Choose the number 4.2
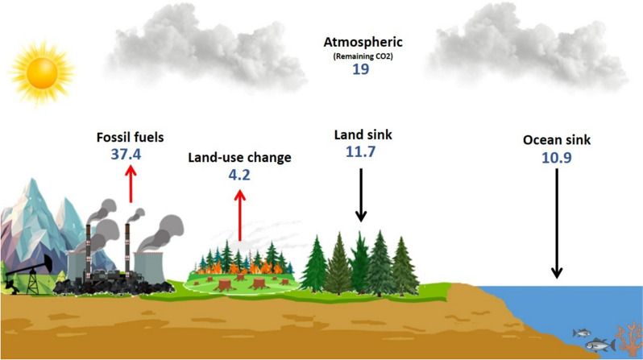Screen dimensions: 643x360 (239, 174)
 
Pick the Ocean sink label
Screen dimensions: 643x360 (555, 140)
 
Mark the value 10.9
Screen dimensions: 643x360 (555, 159)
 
